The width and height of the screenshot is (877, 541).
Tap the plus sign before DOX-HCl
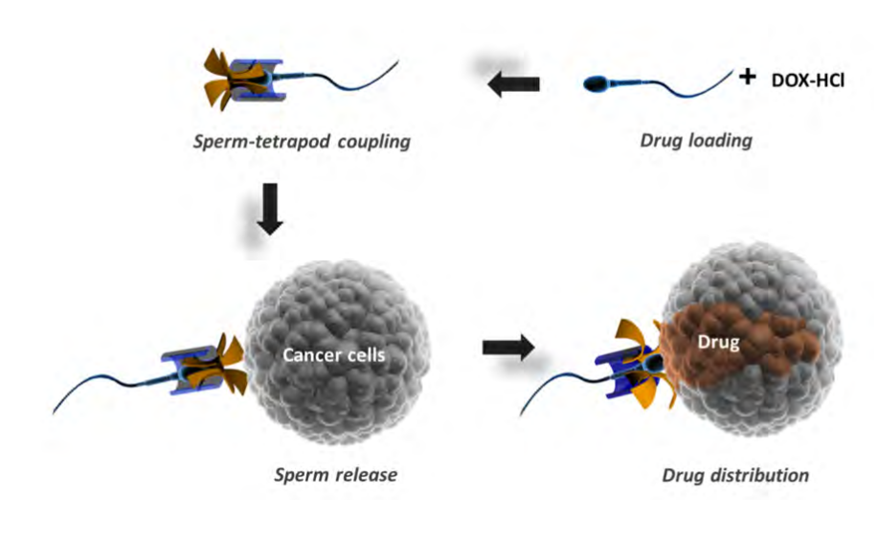(748, 76)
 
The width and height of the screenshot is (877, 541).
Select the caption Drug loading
(695, 141)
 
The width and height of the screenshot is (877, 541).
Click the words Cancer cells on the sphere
(334, 355)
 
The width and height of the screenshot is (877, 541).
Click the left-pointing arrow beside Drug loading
(513, 84)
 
